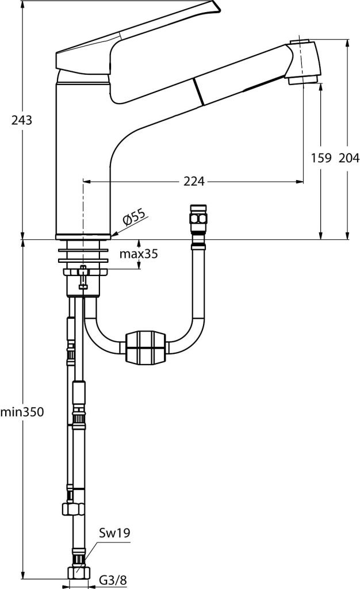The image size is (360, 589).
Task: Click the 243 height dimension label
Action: point(21,120)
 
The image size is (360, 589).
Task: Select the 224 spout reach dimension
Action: point(194,181)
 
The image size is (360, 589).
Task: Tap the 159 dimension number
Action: point(321,158)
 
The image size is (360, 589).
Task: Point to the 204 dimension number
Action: point(349,158)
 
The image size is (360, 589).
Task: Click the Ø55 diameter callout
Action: point(133,217)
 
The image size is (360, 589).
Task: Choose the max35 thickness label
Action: point(139,254)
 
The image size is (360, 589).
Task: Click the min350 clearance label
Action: point(22,412)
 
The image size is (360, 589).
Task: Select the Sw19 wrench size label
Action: point(114,532)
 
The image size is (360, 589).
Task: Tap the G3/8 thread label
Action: point(113,580)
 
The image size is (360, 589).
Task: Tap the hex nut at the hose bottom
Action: point(78,573)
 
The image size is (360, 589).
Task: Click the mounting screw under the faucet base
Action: point(83,277)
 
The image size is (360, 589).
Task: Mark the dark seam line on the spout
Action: point(198,93)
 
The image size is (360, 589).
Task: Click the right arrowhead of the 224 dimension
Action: point(300,182)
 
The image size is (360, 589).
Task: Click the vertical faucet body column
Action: point(83,158)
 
